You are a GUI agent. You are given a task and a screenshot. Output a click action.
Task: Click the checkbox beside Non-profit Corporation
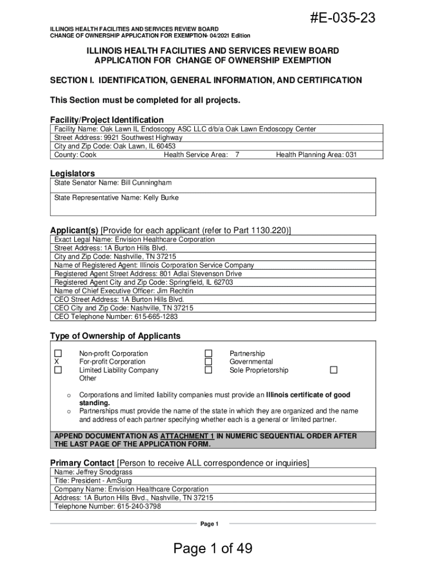(58, 353)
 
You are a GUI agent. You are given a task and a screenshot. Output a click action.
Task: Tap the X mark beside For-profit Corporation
(56, 362)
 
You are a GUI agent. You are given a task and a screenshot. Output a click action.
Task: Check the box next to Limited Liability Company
(58, 370)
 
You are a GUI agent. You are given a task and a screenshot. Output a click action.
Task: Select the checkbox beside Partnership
(209, 353)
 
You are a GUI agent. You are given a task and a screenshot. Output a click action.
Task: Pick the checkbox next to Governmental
(209, 362)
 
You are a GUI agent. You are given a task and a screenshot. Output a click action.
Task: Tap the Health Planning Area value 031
(351, 155)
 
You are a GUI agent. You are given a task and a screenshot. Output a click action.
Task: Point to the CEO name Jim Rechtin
(174, 291)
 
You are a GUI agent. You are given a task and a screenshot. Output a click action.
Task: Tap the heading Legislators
(72, 173)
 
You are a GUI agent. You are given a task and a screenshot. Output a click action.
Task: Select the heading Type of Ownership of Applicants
(115, 336)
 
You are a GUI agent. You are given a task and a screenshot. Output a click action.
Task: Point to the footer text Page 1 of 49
(213, 548)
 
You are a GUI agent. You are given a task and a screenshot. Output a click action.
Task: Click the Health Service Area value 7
(237, 155)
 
